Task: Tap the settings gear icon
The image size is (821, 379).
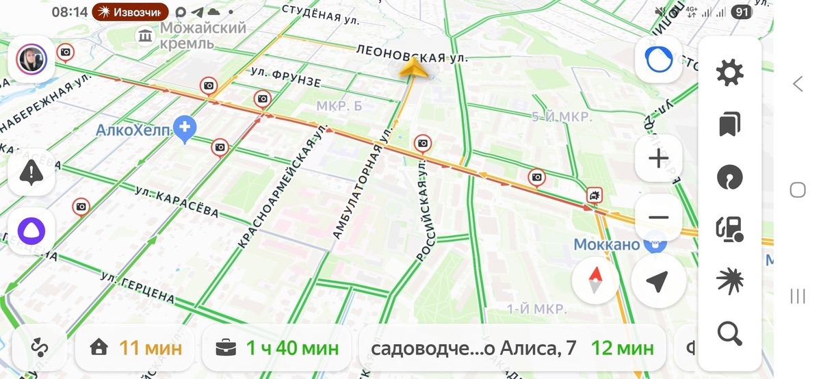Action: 729,73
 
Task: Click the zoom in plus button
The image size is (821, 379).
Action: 658,159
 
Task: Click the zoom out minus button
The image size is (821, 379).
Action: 658,218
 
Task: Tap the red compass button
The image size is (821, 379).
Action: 595,279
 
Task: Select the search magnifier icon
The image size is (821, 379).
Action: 729,333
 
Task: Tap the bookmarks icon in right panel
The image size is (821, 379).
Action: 729,125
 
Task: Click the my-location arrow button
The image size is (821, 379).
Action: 657,280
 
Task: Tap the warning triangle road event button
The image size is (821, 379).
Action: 31,173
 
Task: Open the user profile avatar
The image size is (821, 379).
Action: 31,60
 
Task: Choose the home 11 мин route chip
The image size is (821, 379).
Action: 138,348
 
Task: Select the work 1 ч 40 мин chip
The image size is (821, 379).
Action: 276,348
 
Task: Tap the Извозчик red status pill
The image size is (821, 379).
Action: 131,12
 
